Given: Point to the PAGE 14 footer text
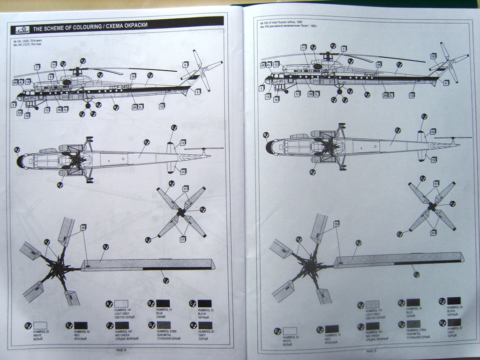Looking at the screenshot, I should click(x=122, y=349).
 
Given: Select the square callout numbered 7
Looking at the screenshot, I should click(x=37, y=67).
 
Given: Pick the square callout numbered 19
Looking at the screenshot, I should click(x=133, y=76).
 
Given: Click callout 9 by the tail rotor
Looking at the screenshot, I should click(x=186, y=65).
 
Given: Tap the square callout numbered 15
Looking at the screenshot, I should click(x=27, y=115).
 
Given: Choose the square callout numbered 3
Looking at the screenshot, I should click(x=344, y=49).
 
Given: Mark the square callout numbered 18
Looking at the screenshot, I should click(x=378, y=64).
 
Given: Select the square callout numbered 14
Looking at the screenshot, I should click(x=276, y=99).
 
